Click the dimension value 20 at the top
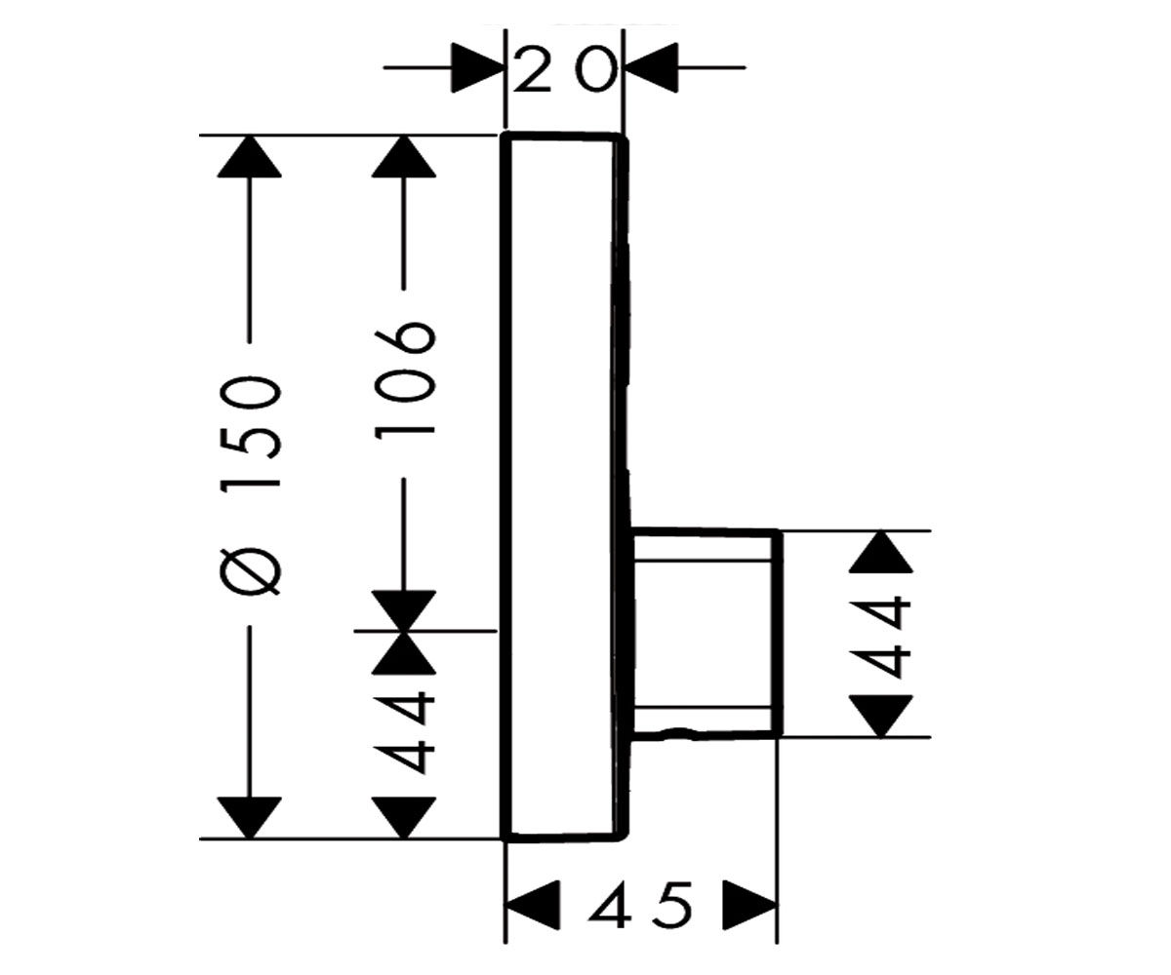pyautogui.click(x=565, y=70)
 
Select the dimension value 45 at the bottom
pyautogui.click(x=639, y=901)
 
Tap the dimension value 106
pyautogui.click(x=406, y=380)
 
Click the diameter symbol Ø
pyautogui.click(x=250, y=571)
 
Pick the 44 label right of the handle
pyautogui.click(x=878, y=637)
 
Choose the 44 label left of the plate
pyautogui.click(x=405, y=733)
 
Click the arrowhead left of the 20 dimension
pyautogui.click(x=477, y=67)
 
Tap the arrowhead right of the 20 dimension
pyautogui.click(x=652, y=67)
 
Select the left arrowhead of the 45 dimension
pyautogui.click(x=534, y=902)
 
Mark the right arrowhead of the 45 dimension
pyautogui.click(x=749, y=902)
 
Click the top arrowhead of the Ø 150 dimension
pyautogui.click(x=250, y=157)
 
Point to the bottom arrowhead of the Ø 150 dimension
pyautogui.click(x=250, y=818)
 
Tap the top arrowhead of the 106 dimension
pyautogui.click(x=404, y=157)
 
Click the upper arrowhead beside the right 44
pyautogui.click(x=881, y=552)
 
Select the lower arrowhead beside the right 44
pyautogui.click(x=881, y=716)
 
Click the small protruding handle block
pyautogui.click(x=707, y=632)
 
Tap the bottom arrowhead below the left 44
pyautogui.click(x=404, y=818)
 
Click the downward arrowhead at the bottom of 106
pyautogui.click(x=404, y=610)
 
